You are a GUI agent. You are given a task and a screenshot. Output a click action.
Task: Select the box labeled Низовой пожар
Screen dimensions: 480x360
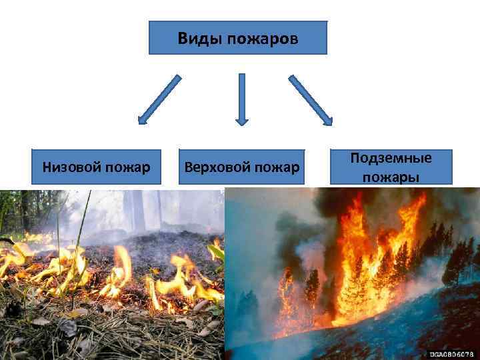pos(96,167)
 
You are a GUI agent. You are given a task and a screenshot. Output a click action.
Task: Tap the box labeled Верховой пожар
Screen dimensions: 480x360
pos(241,167)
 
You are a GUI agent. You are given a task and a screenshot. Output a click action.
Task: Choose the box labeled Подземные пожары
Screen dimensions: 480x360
pos(391,167)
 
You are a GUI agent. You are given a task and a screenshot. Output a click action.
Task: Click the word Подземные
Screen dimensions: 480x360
pos(391,159)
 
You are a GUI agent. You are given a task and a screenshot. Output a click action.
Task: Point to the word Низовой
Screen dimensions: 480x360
pos(70,167)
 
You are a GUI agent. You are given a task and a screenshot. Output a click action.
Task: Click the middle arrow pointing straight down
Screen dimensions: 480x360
pos(241,99)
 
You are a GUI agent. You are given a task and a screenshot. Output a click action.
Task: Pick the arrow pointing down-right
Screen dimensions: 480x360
pos(311,99)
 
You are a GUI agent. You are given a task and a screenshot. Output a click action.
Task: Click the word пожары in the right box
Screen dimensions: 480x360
pos(391,177)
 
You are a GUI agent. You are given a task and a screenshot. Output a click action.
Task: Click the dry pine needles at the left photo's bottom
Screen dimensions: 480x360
pos(100,340)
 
